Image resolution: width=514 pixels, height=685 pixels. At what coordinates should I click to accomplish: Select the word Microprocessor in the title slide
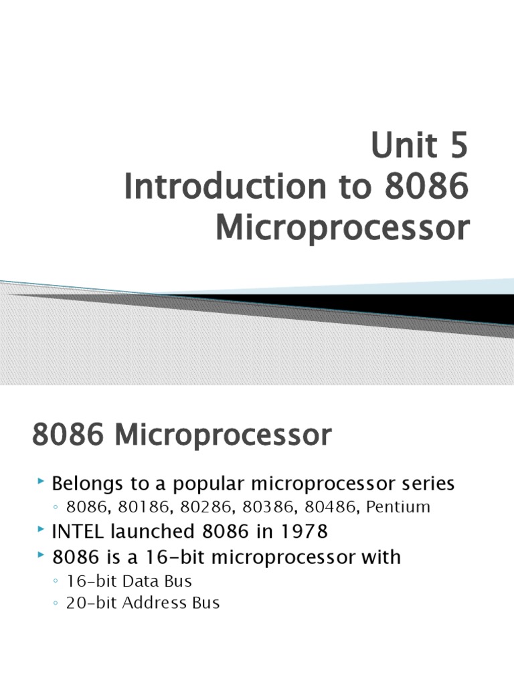(x=341, y=228)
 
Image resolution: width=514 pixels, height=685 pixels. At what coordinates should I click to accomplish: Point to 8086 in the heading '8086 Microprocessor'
(x=69, y=436)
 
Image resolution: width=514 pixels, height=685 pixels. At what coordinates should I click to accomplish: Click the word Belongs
(x=88, y=483)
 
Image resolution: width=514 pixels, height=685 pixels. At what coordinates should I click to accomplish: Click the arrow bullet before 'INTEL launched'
(x=41, y=531)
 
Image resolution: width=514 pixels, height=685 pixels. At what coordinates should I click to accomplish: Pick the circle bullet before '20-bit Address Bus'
(x=56, y=603)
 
